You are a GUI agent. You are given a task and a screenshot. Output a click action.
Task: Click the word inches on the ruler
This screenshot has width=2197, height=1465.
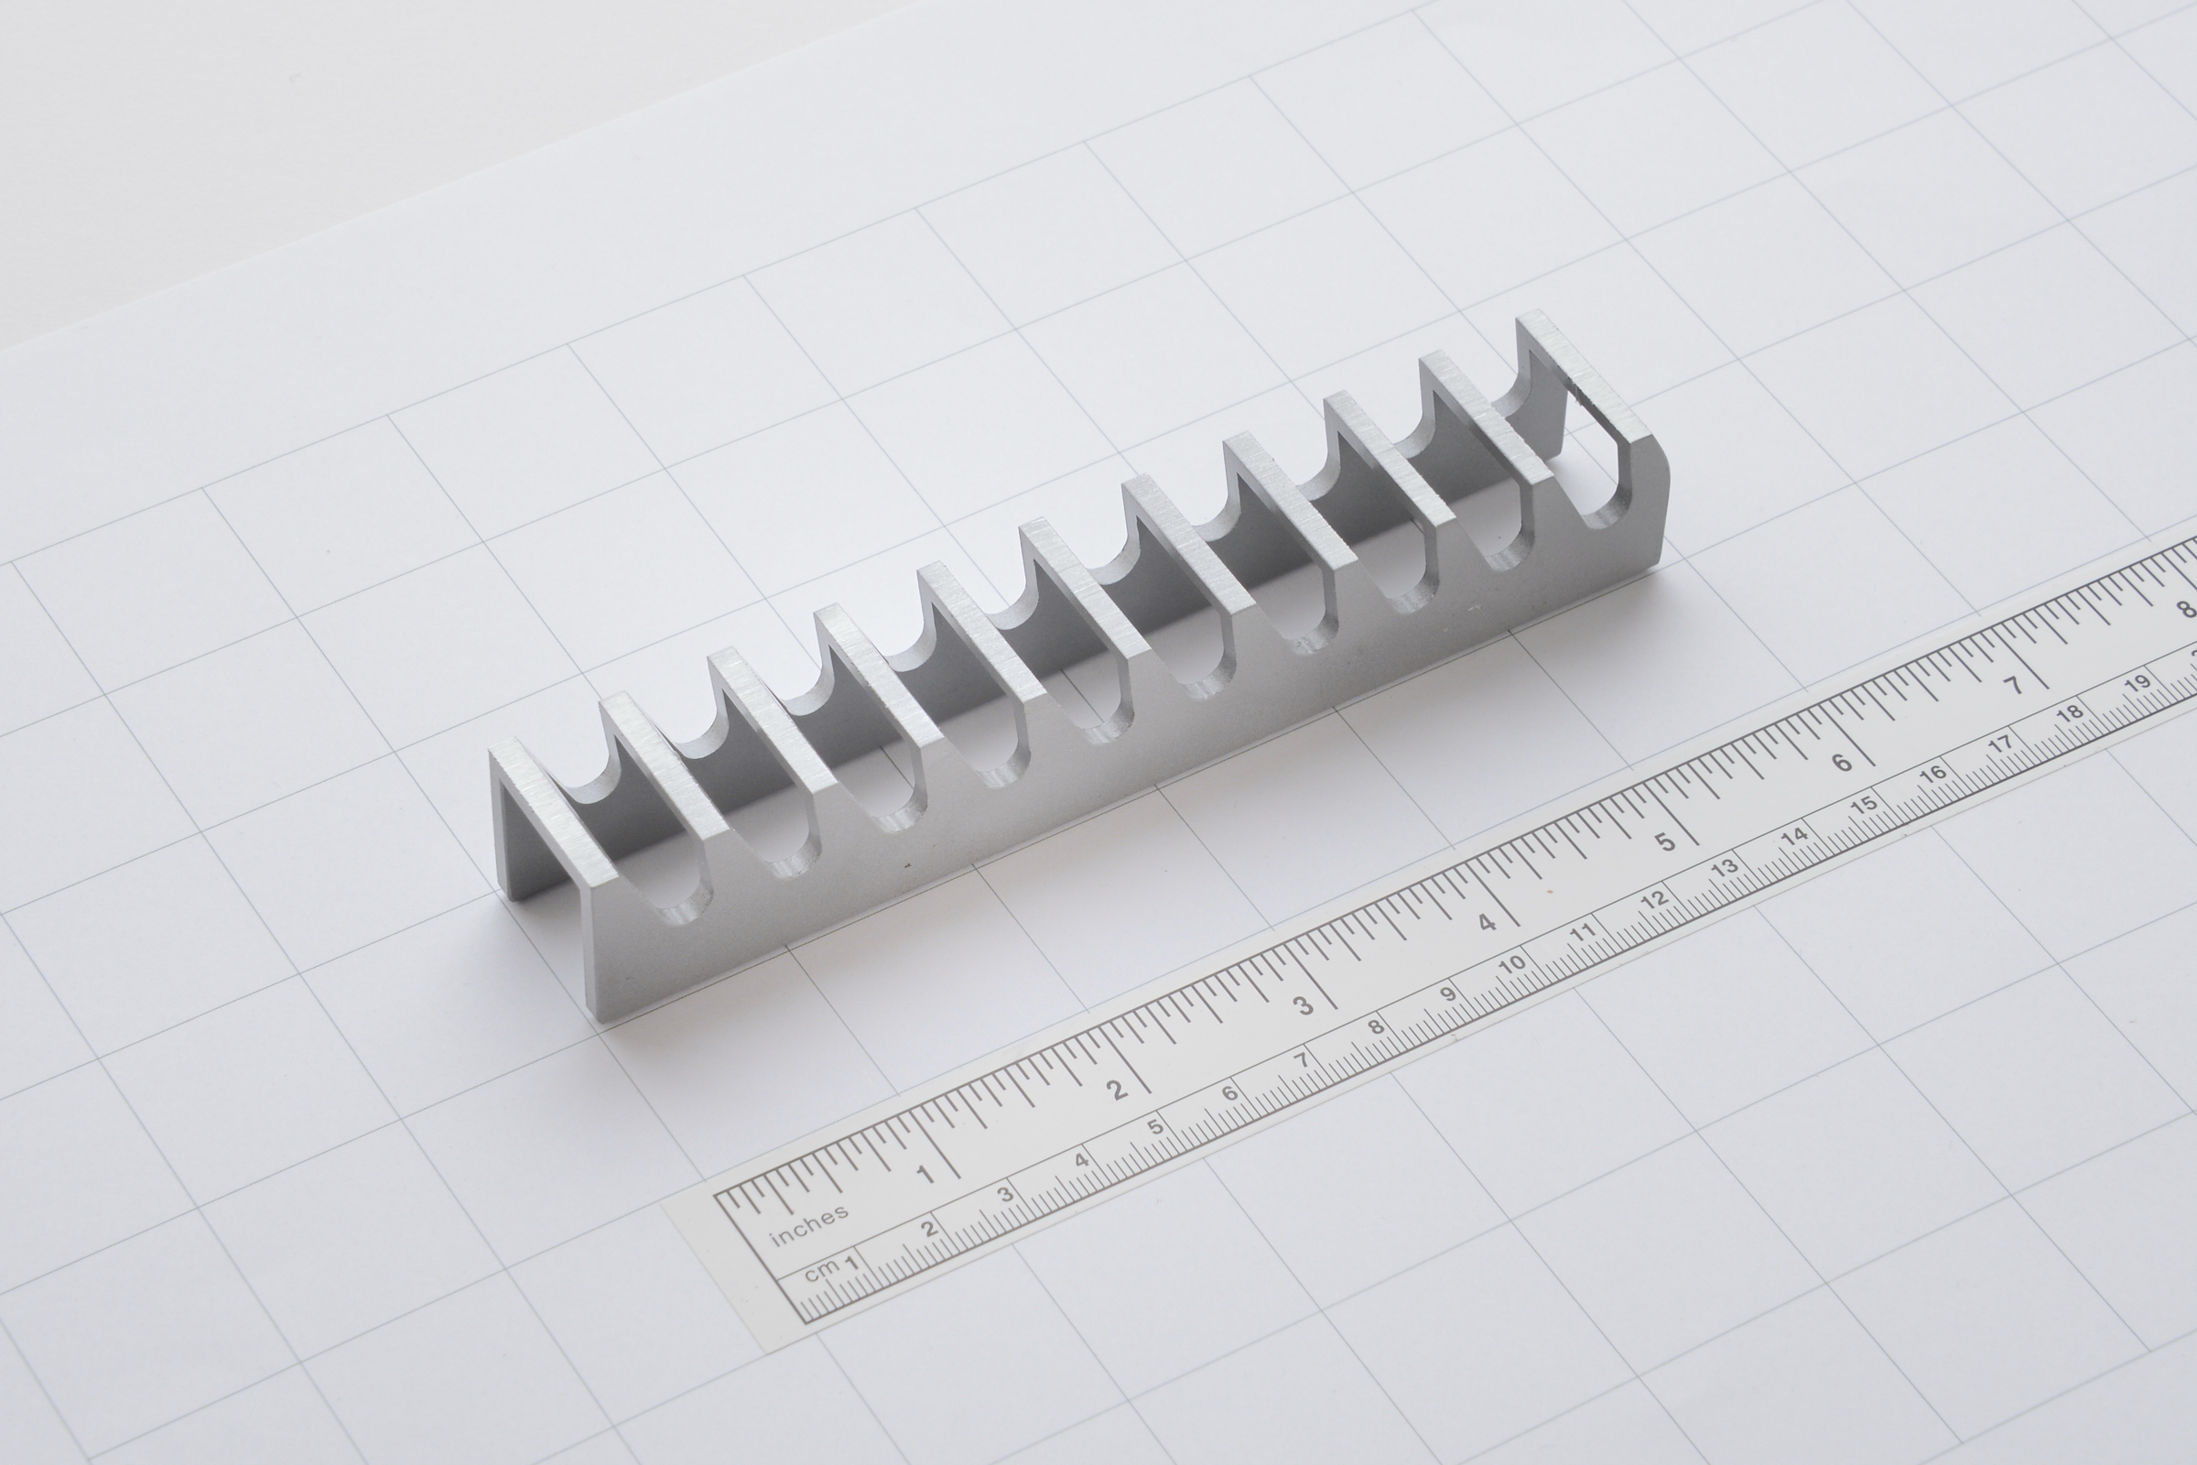[x=809, y=1225]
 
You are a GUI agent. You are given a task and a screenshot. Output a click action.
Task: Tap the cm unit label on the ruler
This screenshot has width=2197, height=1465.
[x=822, y=1273]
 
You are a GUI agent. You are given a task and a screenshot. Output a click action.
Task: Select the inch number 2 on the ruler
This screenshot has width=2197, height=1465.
[x=1118, y=1090]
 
